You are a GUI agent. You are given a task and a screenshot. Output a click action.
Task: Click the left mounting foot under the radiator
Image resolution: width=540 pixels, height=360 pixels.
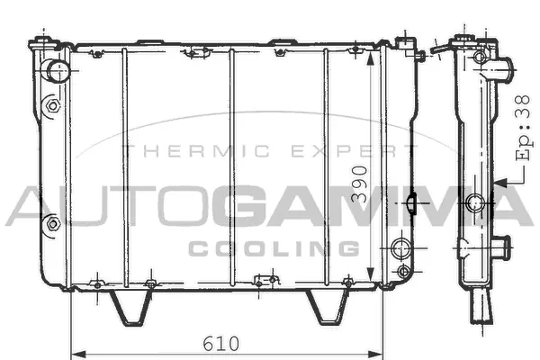[128, 307]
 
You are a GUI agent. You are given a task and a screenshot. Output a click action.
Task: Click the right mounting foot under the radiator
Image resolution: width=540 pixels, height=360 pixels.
[328, 307]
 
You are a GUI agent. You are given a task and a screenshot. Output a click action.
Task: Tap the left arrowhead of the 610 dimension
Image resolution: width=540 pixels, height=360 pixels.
[75, 349]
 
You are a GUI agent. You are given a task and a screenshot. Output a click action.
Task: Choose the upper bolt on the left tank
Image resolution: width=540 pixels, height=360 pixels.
[53, 106]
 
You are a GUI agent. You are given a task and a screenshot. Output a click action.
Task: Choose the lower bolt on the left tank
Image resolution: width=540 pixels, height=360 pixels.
[52, 221]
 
